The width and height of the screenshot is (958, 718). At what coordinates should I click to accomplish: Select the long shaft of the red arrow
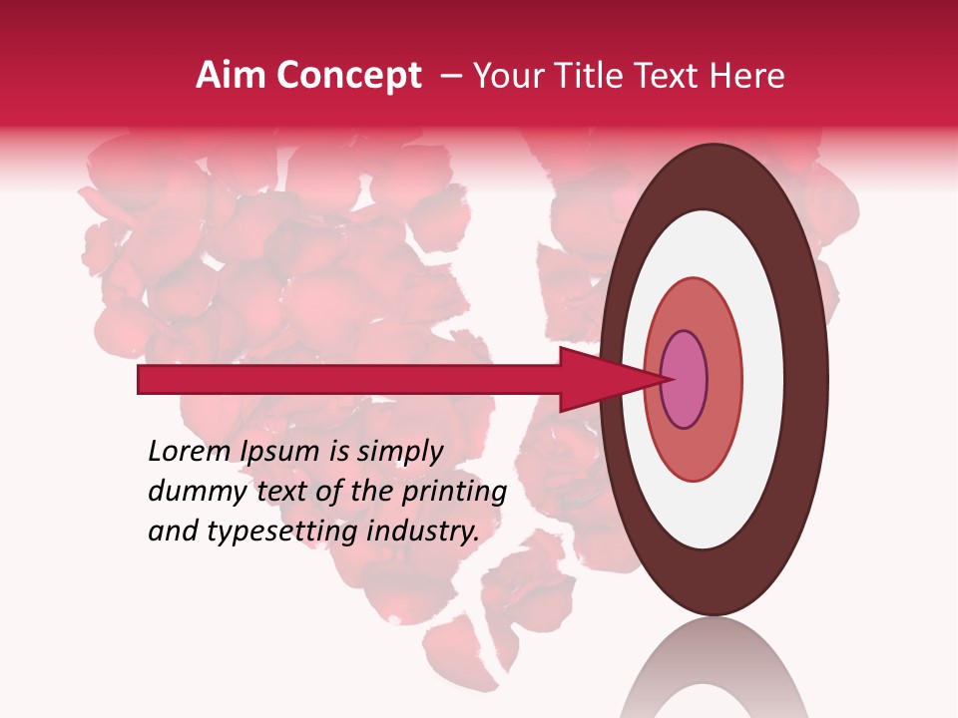(x=349, y=379)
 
